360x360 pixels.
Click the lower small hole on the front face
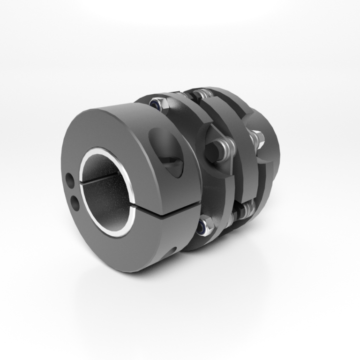74,202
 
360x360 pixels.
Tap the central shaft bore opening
105,192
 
